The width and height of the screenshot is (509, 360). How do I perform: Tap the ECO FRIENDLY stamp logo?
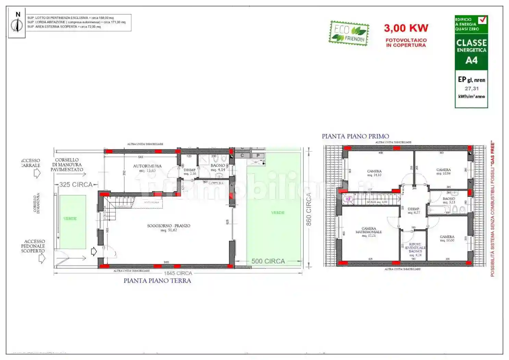(x=349, y=33)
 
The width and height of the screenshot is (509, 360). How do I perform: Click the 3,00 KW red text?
(x=406, y=28)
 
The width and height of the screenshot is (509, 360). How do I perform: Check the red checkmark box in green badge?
(x=482, y=20)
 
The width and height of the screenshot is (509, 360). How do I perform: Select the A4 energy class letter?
(x=471, y=60)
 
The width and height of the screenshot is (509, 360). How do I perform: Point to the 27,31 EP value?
(x=471, y=88)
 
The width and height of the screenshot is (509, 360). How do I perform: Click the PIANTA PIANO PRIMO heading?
(x=355, y=136)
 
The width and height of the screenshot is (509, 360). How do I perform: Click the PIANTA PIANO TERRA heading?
(x=157, y=281)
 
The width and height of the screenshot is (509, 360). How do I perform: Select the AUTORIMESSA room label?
(x=147, y=166)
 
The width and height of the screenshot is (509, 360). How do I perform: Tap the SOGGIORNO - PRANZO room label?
(x=169, y=226)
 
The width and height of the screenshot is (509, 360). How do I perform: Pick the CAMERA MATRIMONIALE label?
(x=369, y=230)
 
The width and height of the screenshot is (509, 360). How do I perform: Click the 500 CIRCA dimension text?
(x=268, y=261)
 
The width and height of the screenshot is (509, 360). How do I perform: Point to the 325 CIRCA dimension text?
(x=76, y=184)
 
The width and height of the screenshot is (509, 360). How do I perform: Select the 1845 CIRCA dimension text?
(x=178, y=273)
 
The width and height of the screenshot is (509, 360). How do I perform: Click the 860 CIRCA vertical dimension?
(x=309, y=209)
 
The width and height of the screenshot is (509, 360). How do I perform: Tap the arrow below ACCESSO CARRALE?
(x=37, y=173)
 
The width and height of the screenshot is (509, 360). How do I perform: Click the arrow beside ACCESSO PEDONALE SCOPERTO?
(x=42, y=259)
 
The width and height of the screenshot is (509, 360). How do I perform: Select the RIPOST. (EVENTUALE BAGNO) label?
(x=415, y=248)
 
